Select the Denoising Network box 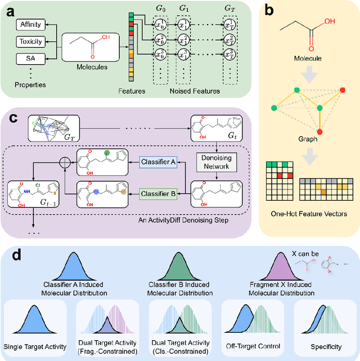(217, 162)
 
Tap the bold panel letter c (13, 119)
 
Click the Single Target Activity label (35, 347)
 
